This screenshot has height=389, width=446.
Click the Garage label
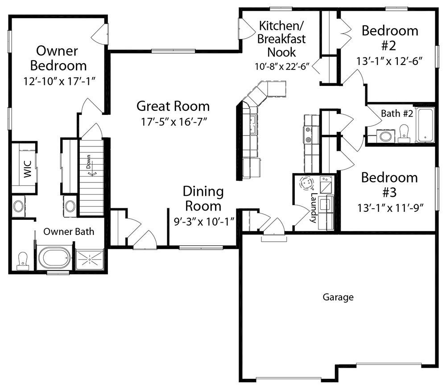tap(338, 297)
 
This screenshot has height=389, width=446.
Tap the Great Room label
tap(173, 106)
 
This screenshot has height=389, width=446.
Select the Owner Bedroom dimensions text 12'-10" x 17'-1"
tap(59, 81)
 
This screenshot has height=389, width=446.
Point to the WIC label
tap(28, 169)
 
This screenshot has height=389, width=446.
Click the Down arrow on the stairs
tap(92, 173)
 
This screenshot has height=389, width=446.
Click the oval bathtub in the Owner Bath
tap(54, 258)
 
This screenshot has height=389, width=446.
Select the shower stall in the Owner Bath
tap(90, 259)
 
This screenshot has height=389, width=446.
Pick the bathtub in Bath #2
tap(425, 125)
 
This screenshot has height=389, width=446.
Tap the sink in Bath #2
tap(386, 136)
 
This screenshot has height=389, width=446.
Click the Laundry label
tap(314, 208)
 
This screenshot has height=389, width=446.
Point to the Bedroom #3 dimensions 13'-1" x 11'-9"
tap(391, 208)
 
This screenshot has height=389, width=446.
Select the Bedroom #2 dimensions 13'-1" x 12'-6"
tap(389, 61)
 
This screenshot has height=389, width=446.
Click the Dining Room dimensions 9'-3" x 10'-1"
tap(204, 221)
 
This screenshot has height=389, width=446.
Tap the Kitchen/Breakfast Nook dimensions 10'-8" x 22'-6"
tap(282, 66)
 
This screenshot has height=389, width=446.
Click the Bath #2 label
tap(397, 113)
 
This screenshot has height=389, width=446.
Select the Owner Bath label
tap(69, 231)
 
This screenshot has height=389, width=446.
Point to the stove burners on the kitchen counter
tap(308, 134)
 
